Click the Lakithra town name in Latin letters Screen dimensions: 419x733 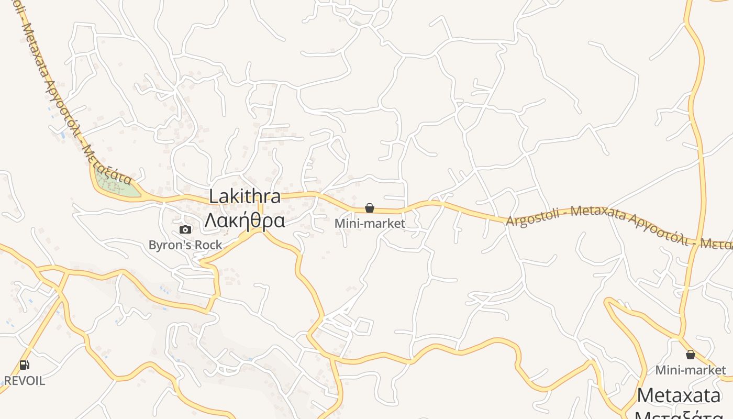tap(245, 197)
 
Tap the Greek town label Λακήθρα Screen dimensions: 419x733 tap(245, 220)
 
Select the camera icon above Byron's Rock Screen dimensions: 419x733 tap(185, 229)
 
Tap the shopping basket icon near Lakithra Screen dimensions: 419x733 tap(370, 208)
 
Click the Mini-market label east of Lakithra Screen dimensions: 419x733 tap(370, 224)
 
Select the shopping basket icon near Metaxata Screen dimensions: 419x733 tap(691, 355)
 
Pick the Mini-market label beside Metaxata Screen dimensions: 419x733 tap(691, 370)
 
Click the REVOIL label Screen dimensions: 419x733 tap(25, 381)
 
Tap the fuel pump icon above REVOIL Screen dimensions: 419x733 tap(24, 365)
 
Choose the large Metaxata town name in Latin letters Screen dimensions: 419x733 tap(681, 395)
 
